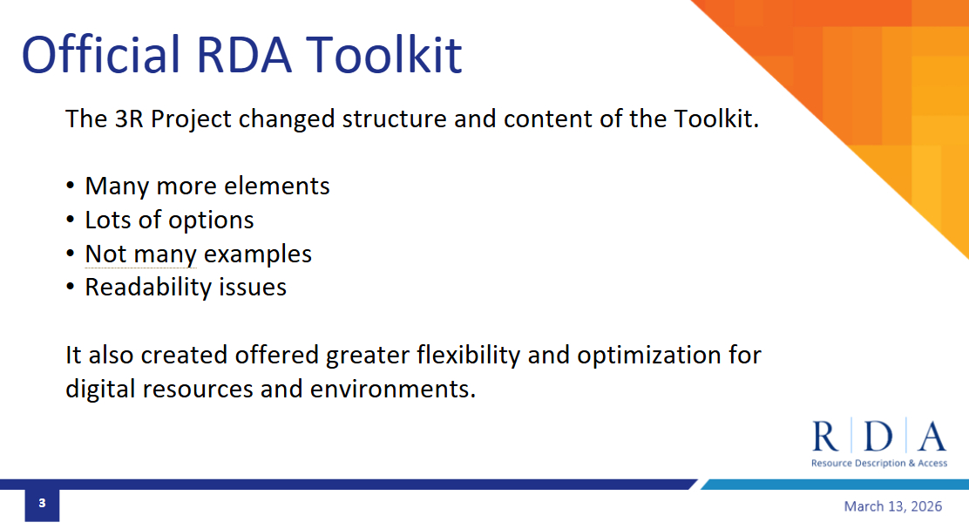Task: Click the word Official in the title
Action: (x=101, y=54)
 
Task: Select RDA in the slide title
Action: (x=243, y=54)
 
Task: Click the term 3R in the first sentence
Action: (x=129, y=119)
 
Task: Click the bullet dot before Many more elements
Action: (x=71, y=186)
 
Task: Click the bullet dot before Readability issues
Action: (x=71, y=288)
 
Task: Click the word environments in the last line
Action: (x=392, y=389)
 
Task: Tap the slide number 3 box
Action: (x=42, y=503)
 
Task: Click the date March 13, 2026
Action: (x=893, y=506)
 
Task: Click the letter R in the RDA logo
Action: (x=825, y=437)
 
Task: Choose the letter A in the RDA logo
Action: (x=932, y=437)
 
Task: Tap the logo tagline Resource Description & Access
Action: (x=879, y=463)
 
